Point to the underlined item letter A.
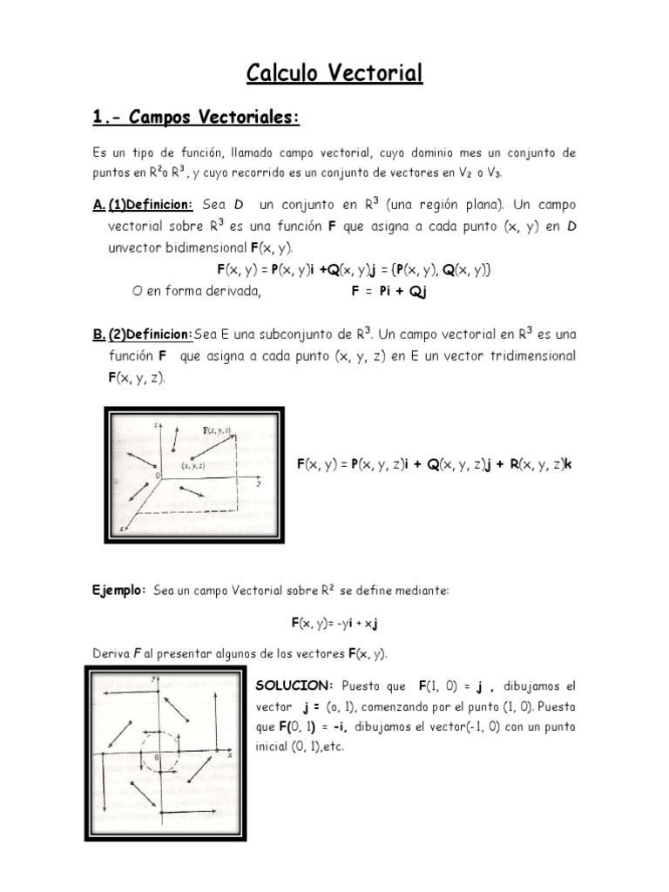pyautogui.click(x=98, y=205)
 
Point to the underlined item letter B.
pyautogui.click(x=98, y=334)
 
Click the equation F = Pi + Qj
pyautogui.click(x=389, y=293)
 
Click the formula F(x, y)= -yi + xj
pyautogui.click(x=334, y=624)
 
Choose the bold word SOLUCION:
pyautogui.click(x=293, y=686)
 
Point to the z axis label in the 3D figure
pyautogui.click(x=153, y=423)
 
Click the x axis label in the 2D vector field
pyautogui.click(x=229, y=755)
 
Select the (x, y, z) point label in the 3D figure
pyautogui.click(x=193, y=467)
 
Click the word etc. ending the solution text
pyautogui.click(x=334, y=747)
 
